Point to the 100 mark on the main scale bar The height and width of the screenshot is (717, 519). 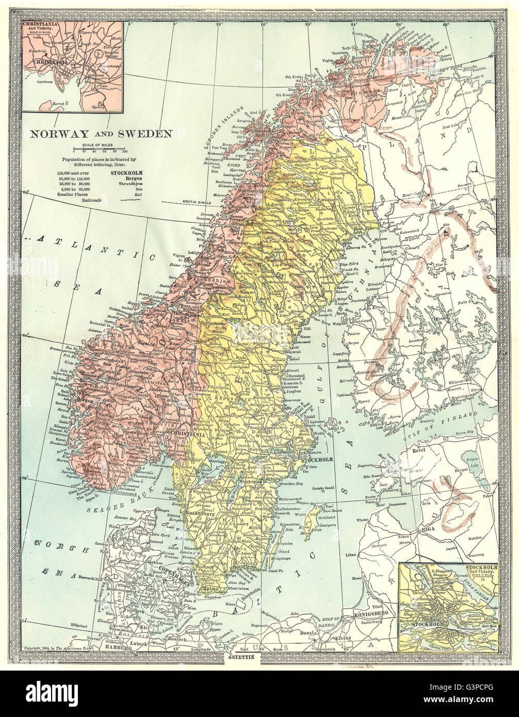[124, 152]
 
